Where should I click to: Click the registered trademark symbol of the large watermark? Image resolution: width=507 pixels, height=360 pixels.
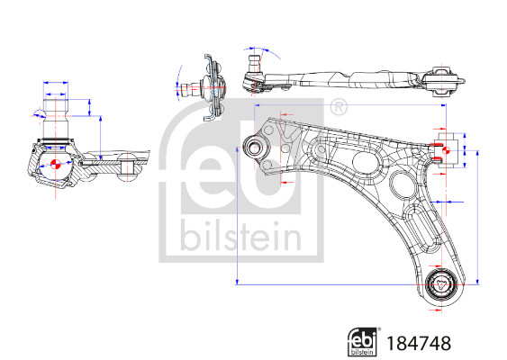click(339, 108)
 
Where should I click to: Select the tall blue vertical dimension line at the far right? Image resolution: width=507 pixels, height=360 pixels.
click(476, 216)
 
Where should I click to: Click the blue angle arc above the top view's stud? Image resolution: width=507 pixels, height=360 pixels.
click(253, 48)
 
